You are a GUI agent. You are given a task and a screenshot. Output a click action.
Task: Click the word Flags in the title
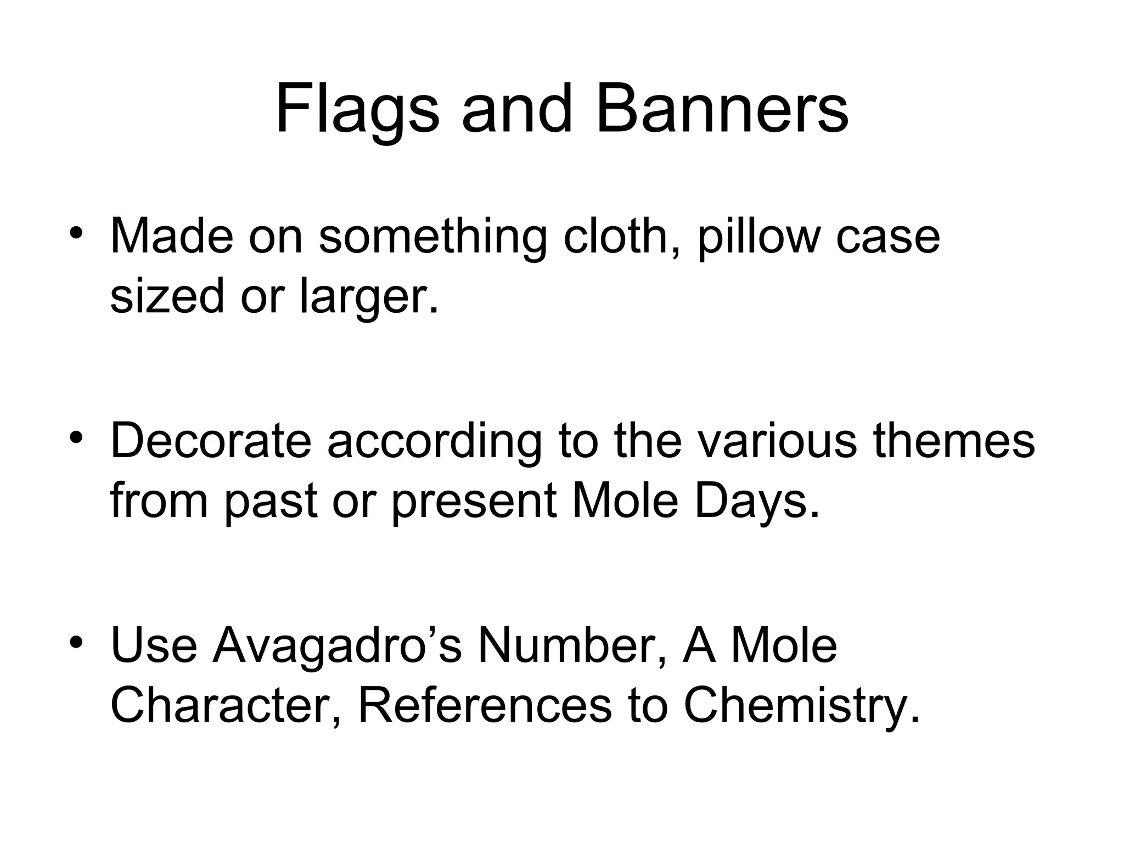point(357,110)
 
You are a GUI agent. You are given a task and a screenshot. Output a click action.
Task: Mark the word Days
point(757,502)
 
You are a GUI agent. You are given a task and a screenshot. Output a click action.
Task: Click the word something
point(432,237)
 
